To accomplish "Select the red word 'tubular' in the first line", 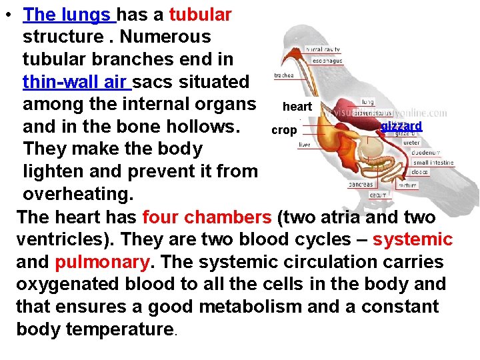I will tap(200, 14).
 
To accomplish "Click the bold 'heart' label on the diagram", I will tap(297, 107).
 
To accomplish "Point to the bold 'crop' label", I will tap(283, 130).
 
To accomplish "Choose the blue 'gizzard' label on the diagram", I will tap(401, 125).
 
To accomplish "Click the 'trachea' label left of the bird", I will tap(283, 75).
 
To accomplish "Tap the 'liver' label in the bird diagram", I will tap(304, 145).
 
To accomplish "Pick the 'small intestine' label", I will tap(433, 162).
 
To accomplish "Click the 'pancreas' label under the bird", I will tap(360, 185).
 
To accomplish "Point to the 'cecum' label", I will tap(378, 195).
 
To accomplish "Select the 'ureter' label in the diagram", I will tap(411, 142).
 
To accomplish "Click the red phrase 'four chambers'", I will tap(207, 217).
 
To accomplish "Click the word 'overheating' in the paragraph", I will tap(77, 194).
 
